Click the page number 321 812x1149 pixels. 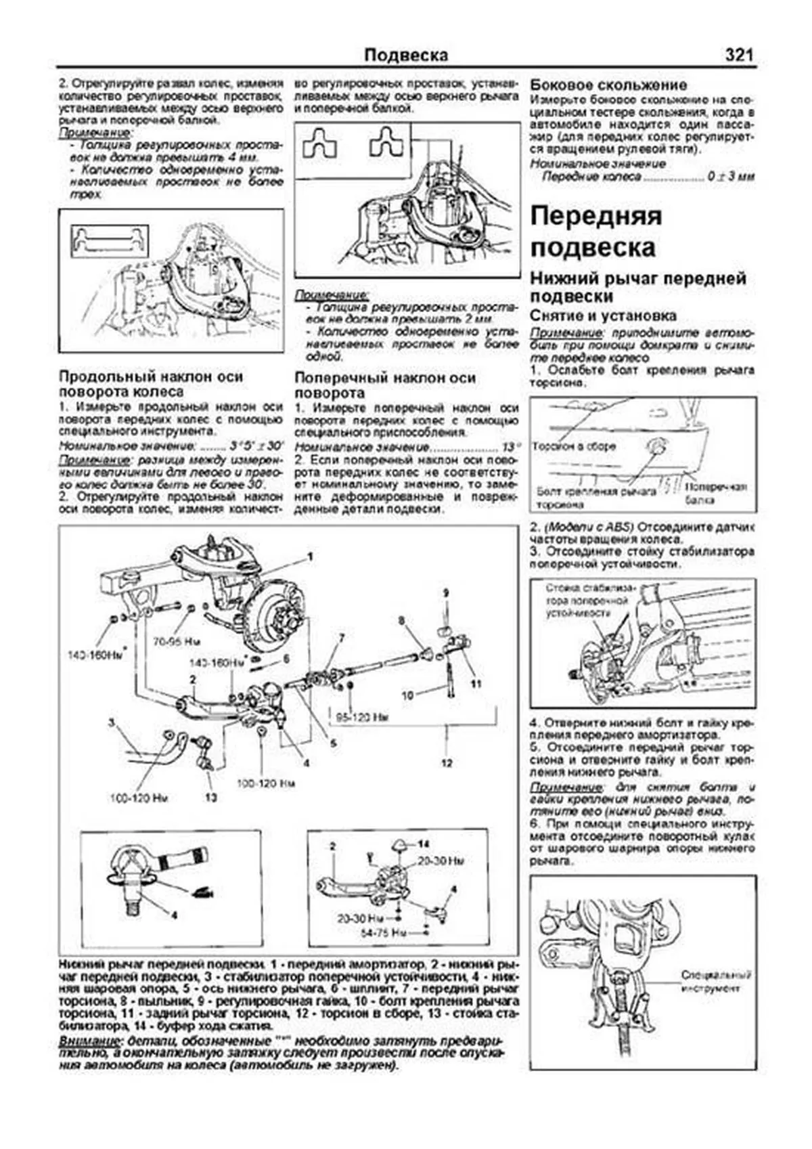[x=739, y=55]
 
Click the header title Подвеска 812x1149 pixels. [x=406, y=55]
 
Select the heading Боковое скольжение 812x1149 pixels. [x=608, y=85]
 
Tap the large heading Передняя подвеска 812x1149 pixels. [x=595, y=232]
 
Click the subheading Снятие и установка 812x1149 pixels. [x=603, y=316]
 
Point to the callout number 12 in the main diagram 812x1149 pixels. [x=447, y=763]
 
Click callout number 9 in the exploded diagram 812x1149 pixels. [x=446, y=593]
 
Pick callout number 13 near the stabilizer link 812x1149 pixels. [x=211, y=798]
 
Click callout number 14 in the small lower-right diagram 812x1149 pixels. [x=424, y=844]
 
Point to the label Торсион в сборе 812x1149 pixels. [x=574, y=447]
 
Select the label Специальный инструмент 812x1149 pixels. [x=716, y=982]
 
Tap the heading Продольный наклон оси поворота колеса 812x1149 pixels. [x=151, y=384]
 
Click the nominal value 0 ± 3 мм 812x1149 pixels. [x=730, y=177]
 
